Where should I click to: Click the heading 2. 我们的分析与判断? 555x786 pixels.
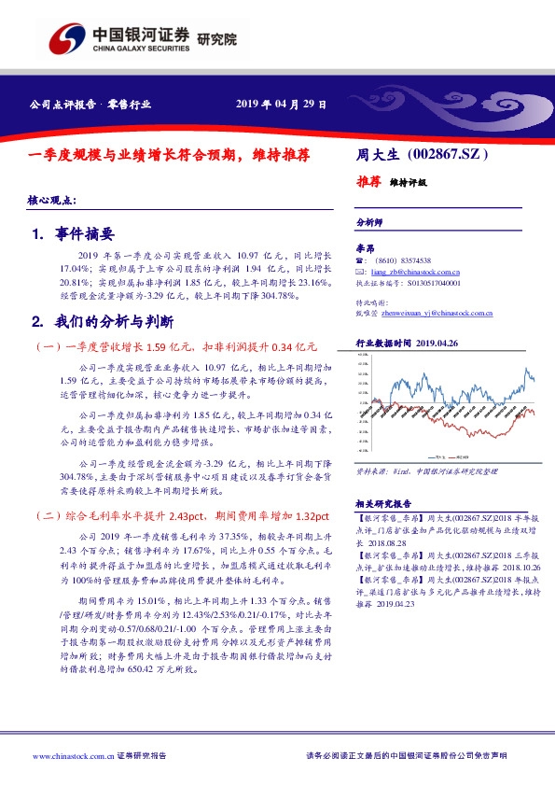pos(103,321)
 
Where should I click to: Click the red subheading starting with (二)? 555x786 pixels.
pos(183,515)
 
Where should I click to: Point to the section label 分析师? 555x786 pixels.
pos(370,223)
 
